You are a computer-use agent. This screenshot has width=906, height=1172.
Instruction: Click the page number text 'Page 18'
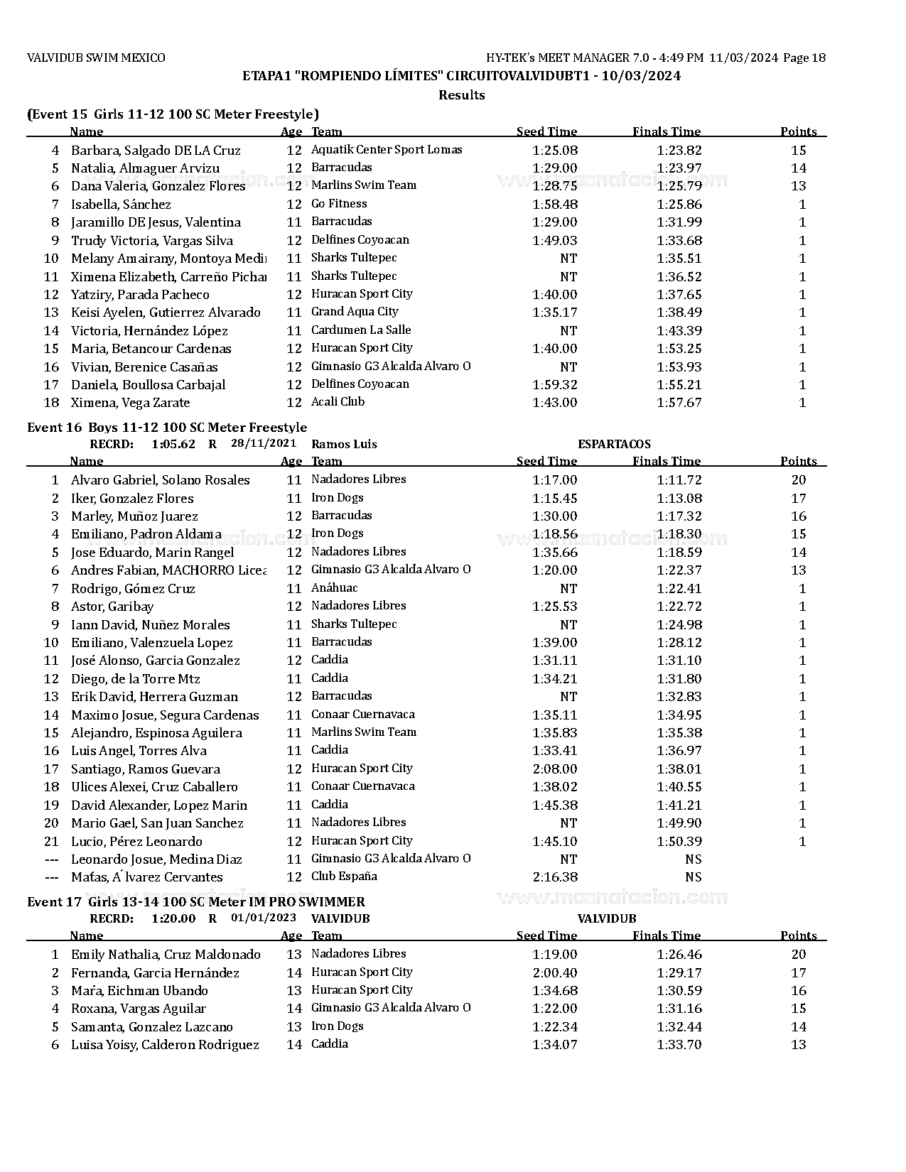click(804, 58)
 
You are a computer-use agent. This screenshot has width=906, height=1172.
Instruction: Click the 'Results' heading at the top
click(461, 95)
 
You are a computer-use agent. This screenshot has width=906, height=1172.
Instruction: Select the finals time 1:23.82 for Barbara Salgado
click(679, 151)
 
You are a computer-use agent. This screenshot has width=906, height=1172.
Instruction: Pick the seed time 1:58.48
click(554, 205)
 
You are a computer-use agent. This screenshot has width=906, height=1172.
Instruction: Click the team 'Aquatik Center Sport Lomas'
click(387, 150)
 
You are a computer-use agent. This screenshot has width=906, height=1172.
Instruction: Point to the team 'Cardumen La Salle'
click(361, 330)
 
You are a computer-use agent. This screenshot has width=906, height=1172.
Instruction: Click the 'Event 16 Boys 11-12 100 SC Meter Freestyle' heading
click(167, 428)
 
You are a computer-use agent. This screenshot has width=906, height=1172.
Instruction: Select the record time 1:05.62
click(173, 445)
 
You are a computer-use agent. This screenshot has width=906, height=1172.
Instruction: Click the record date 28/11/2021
click(264, 444)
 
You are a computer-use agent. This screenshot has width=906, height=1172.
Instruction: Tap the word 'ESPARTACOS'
click(614, 445)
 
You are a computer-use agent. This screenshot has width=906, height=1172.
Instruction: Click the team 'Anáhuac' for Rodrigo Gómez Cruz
click(334, 588)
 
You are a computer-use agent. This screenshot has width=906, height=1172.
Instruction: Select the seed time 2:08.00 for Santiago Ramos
click(554, 769)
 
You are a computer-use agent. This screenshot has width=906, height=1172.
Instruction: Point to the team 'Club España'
click(344, 877)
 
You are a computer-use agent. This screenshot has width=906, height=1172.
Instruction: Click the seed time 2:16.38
click(554, 877)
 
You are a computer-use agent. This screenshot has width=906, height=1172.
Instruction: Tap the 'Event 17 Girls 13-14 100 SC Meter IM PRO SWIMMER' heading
click(196, 902)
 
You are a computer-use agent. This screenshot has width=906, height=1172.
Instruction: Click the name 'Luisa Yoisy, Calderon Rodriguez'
click(165, 1045)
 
